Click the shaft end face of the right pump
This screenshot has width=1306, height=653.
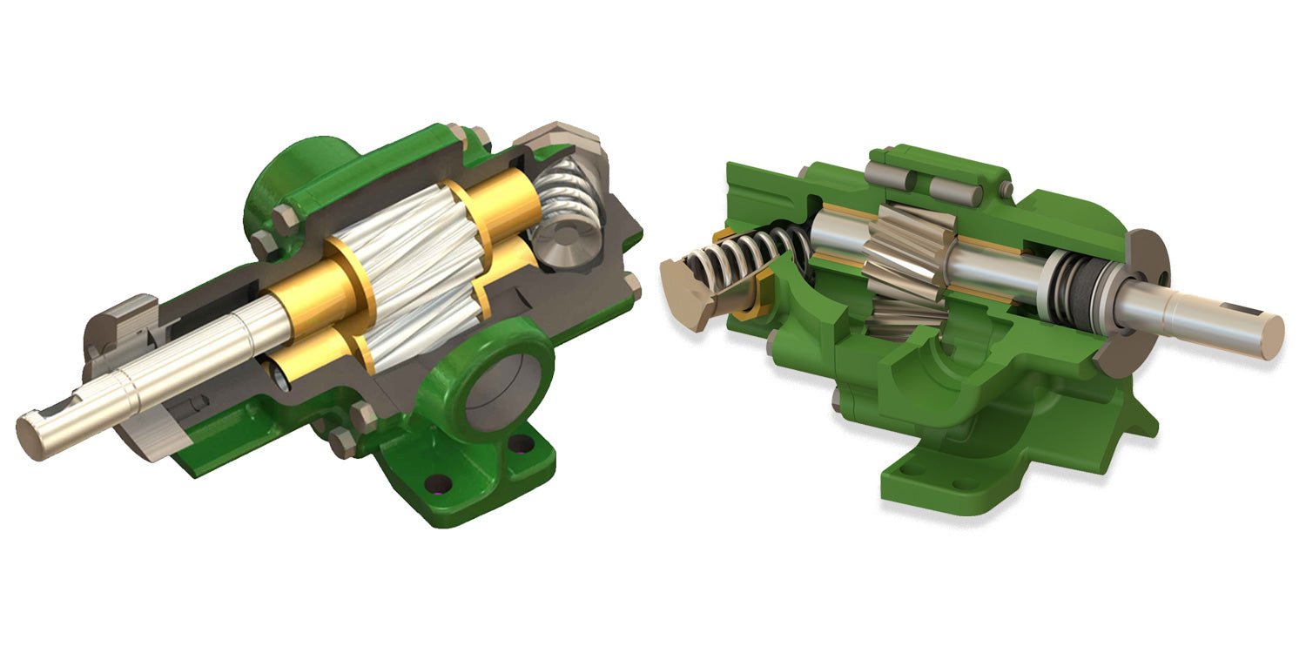(x=1270, y=336)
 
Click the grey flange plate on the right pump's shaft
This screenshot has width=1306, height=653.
(x=1135, y=305)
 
